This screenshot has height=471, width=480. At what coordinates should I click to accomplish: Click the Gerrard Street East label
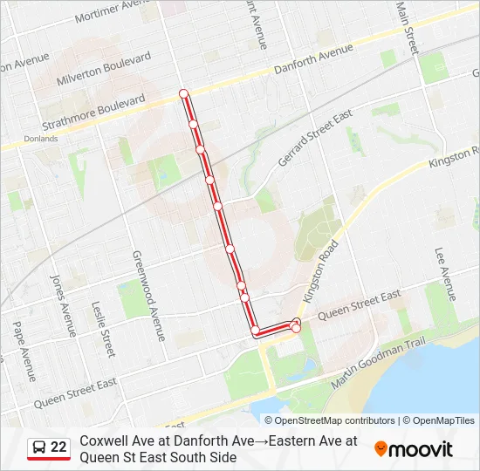pyautogui.click(x=313, y=138)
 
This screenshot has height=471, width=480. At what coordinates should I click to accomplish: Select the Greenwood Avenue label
pyautogui.click(x=147, y=295)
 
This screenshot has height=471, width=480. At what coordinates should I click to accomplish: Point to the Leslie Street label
pyautogui.click(x=103, y=329)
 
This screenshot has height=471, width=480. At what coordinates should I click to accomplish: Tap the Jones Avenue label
pyautogui.click(x=62, y=305)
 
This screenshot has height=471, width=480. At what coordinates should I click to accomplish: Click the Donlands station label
pyautogui.click(x=40, y=138)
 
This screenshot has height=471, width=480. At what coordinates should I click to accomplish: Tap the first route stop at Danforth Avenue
pyautogui.click(x=183, y=93)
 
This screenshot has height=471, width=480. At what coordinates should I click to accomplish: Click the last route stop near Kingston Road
pyautogui.click(x=296, y=328)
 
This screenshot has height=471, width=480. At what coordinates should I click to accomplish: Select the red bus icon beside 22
pyautogui.click(x=38, y=447)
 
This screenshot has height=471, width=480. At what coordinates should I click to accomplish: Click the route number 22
pyautogui.click(x=59, y=447)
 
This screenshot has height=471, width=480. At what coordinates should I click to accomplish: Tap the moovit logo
pyautogui.click(x=414, y=449)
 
